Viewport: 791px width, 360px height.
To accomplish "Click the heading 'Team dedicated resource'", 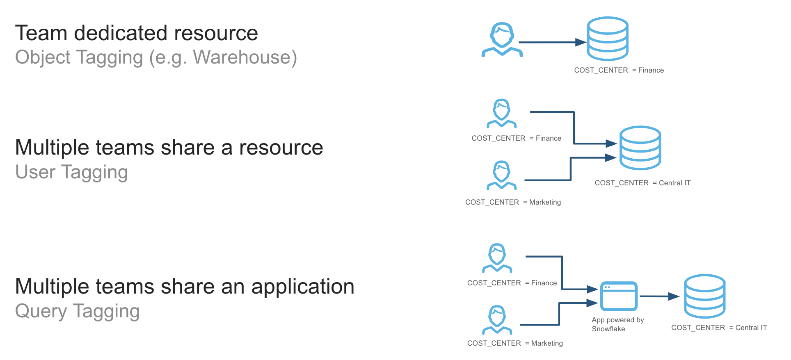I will point(136,33).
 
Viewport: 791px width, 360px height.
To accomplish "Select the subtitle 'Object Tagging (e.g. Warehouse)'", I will point(156,57).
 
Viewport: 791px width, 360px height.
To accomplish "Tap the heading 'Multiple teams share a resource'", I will point(169,148).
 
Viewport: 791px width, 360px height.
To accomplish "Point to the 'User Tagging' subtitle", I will point(71,172).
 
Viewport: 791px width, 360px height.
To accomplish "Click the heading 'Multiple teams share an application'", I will point(185,287).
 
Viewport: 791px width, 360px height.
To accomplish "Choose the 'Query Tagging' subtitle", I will point(77,311).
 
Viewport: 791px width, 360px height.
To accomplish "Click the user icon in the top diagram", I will point(502,39).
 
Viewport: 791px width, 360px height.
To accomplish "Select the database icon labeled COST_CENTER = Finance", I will point(608,39).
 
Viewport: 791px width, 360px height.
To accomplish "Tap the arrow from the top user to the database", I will point(552,42).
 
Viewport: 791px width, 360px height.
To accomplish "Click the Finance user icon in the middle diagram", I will point(501,113).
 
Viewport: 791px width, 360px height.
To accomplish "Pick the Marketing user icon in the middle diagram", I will point(501,175).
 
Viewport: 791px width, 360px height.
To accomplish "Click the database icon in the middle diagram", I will point(640,148).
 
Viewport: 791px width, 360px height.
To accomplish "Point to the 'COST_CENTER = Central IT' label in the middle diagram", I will point(642,183).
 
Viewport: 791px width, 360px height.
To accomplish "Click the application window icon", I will point(619,296).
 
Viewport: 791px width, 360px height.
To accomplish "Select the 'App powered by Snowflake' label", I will point(617,324).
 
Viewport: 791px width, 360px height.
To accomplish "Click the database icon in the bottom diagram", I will point(704,296).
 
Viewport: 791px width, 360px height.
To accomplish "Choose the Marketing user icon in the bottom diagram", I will point(497,319).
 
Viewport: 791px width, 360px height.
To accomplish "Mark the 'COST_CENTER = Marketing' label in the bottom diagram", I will point(515,343).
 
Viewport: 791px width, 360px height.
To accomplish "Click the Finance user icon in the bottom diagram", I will point(497,258).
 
